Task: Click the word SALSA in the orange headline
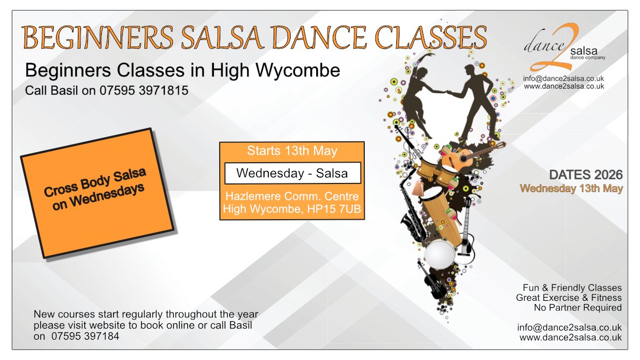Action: point(221,38)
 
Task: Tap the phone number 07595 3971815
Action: point(143,91)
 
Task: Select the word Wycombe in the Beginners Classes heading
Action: point(298,70)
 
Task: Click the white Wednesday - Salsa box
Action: point(293,173)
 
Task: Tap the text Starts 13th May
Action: point(292,151)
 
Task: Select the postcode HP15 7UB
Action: point(334,209)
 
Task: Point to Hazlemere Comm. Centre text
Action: point(292,196)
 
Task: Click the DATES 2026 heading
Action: point(586,175)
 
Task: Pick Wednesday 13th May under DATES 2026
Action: point(571,189)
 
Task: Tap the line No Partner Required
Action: point(578,308)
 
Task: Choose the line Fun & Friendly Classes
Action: point(572,287)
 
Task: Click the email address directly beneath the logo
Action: point(563,78)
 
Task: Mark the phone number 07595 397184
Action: point(85,337)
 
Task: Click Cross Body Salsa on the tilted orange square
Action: point(95,182)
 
